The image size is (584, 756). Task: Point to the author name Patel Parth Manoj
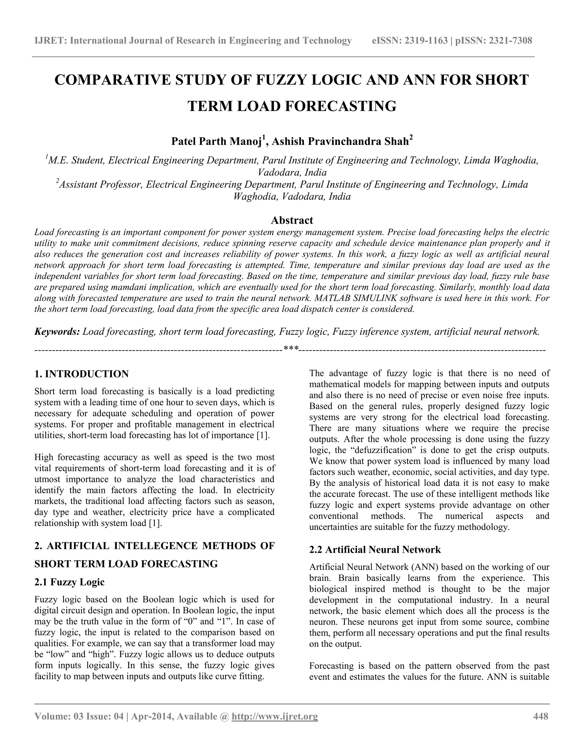(216, 142)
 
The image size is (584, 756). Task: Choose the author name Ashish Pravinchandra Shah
(340, 142)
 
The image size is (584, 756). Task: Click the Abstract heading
(292, 220)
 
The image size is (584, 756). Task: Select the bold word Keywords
(57, 331)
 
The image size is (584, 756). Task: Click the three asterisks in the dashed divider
(291, 348)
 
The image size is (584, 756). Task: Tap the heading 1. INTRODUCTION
(82, 374)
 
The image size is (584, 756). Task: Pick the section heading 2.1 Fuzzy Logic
(69, 582)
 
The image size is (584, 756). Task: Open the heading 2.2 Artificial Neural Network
(375, 549)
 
